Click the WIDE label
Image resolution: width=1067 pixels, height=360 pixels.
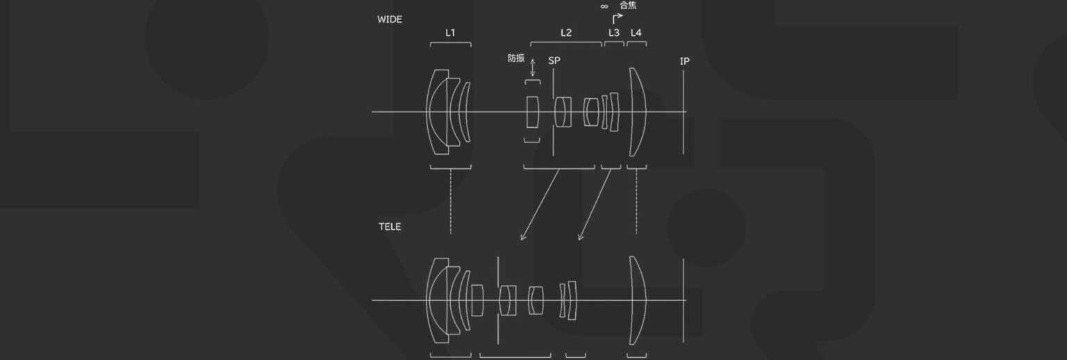(389, 19)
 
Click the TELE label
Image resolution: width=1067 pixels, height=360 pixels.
(389, 227)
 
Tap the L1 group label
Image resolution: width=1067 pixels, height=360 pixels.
(450, 32)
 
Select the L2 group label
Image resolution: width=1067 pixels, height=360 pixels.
(566, 32)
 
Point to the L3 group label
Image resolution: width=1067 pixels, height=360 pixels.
(614, 32)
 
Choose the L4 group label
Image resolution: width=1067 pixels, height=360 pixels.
(636, 32)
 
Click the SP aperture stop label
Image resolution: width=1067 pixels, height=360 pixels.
(554, 60)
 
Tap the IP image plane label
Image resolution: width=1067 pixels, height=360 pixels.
(684, 61)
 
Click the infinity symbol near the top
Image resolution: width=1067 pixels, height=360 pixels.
(604, 6)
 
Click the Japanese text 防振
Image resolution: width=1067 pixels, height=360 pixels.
(516, 58)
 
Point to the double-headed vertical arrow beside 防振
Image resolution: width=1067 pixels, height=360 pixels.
(533, 67)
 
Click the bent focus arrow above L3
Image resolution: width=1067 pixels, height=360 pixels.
(616, 17)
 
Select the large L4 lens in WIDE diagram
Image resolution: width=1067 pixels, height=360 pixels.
(637, 111)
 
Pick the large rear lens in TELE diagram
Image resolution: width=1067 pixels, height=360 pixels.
(638, 300)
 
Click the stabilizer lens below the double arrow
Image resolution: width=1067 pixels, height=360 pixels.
(533, 111)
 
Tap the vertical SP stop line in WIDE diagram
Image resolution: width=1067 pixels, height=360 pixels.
(553, 111)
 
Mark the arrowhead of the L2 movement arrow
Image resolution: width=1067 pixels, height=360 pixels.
(522, 239)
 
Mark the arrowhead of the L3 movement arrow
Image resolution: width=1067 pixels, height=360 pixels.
(580, 239)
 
